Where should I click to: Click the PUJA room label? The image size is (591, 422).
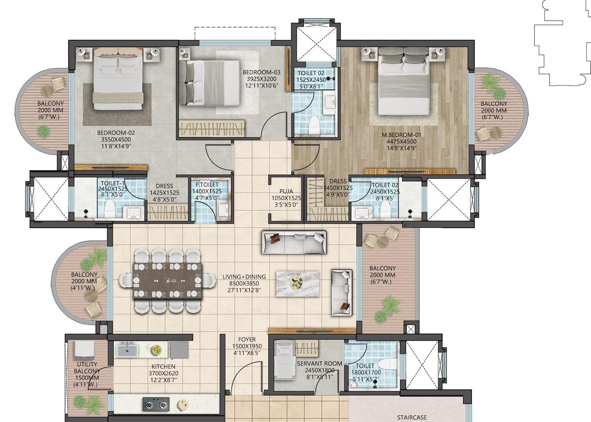pos(286,191)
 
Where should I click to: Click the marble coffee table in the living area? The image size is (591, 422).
pos(297,284)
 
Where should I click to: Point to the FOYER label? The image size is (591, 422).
pos(247,340)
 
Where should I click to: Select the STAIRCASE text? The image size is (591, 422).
pos(412,417)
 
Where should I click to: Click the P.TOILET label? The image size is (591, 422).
pos(207,185)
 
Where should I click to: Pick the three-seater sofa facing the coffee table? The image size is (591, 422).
pos(294,242)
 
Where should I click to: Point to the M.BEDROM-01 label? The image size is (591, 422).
pos(401,135)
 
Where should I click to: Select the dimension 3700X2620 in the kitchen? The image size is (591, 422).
pos(163,373)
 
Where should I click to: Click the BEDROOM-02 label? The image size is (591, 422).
pos(116,133)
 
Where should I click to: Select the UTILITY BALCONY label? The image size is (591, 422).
pos(87,368)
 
